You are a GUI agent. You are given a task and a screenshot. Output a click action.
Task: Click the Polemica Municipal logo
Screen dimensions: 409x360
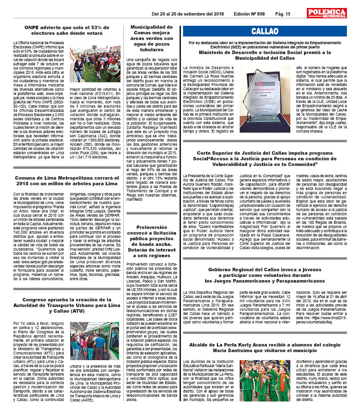coord(327,13)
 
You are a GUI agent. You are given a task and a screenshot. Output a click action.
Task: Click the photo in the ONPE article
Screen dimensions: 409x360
coord(96,63)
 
